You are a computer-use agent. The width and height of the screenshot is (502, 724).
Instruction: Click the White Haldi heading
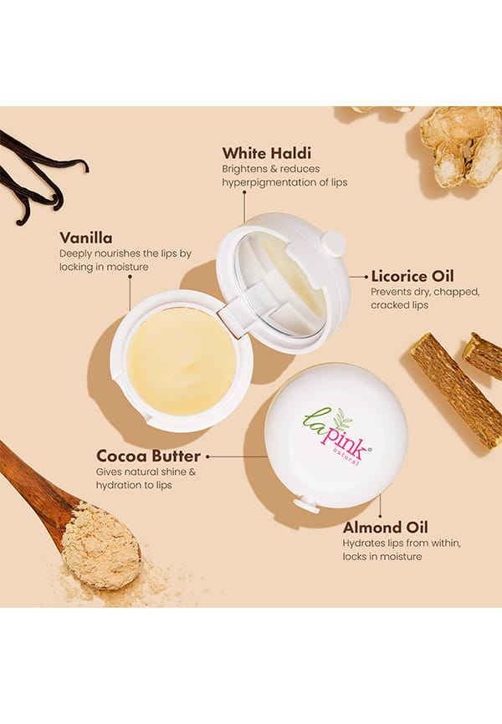tap(267, 153)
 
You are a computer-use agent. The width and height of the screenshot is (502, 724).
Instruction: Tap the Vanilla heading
tap(86, 237)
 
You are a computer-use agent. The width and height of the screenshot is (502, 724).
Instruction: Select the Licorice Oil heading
tap(412, 276)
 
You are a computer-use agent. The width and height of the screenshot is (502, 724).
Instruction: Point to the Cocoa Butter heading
tap(148, 456)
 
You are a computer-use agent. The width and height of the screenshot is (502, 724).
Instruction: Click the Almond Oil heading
tap(386, 528)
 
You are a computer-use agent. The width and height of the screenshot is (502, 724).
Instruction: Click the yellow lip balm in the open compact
tap(182, 361)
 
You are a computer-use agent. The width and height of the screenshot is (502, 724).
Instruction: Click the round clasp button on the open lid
tap(334, 243)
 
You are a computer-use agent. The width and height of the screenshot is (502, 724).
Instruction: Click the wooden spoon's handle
tap(33, 480)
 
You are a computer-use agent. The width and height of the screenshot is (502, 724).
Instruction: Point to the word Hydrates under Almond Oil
tap(364, 543)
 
